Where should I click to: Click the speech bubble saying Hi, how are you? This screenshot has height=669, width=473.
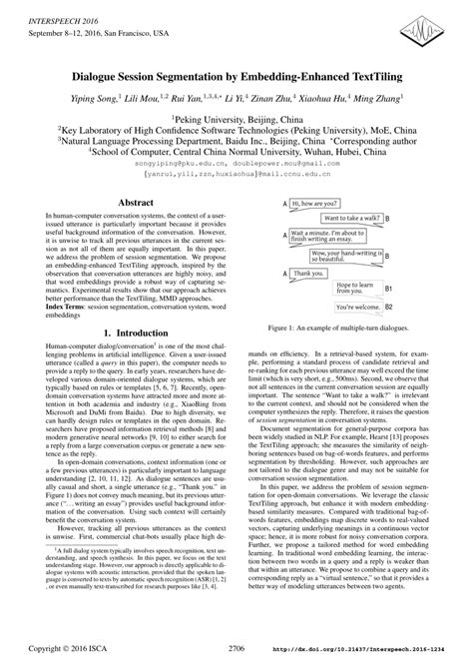(x=316, y=203)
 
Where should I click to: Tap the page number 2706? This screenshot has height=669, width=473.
(x=236, y=646)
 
